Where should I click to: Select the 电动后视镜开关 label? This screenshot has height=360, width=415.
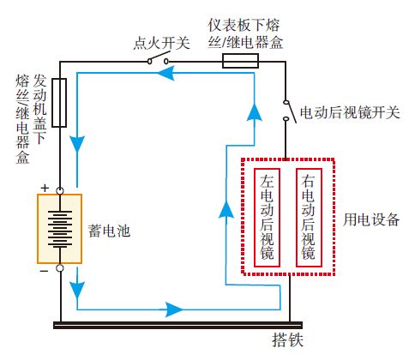(x=349, y=113)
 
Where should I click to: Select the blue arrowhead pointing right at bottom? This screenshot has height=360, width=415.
(x=174, y=307)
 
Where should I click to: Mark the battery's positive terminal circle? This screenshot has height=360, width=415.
(x=60, y=190)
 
